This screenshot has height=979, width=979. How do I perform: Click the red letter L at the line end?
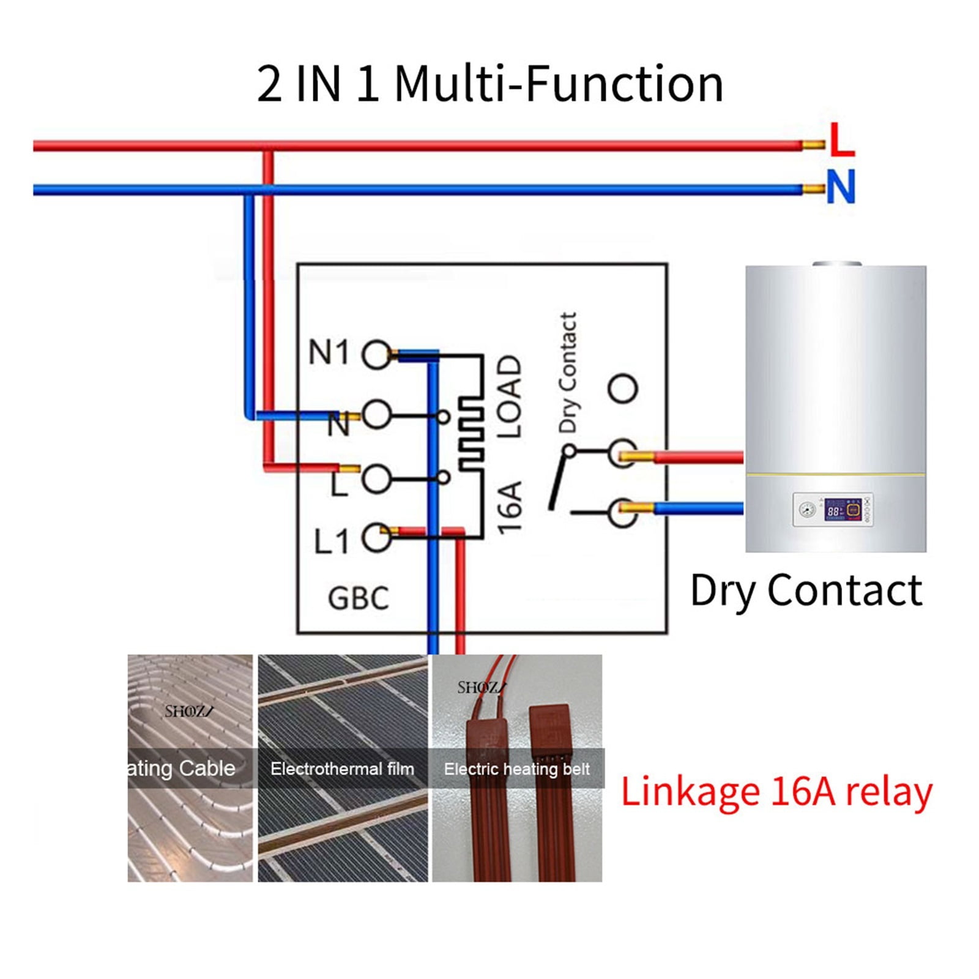coord(842,140)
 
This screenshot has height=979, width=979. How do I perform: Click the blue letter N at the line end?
coord(841,187)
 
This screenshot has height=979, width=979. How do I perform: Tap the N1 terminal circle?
coord(376,354)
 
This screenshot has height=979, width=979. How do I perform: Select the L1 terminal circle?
coord(376,538)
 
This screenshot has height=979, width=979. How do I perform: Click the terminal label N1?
coord(329,353)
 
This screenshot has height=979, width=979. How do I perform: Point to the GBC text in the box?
coord(359,598)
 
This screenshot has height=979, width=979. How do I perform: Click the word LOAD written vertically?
coord(509,396)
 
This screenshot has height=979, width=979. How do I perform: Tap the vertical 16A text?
coord(509,507)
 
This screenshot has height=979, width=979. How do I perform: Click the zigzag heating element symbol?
coord(471,433)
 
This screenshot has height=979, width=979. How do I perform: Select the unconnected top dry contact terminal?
coord(623,389)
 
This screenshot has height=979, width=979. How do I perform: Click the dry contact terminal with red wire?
coord(623,453)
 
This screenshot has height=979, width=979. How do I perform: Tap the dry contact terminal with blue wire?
coord(623,512)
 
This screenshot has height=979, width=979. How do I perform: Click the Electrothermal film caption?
coord(342,769)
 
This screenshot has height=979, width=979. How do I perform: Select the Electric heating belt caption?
coord(516,769)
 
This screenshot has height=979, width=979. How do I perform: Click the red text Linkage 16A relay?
coord(776,792)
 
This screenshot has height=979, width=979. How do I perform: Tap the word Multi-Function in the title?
coord(559,84)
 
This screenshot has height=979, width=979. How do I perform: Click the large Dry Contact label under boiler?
coord(806,590)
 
